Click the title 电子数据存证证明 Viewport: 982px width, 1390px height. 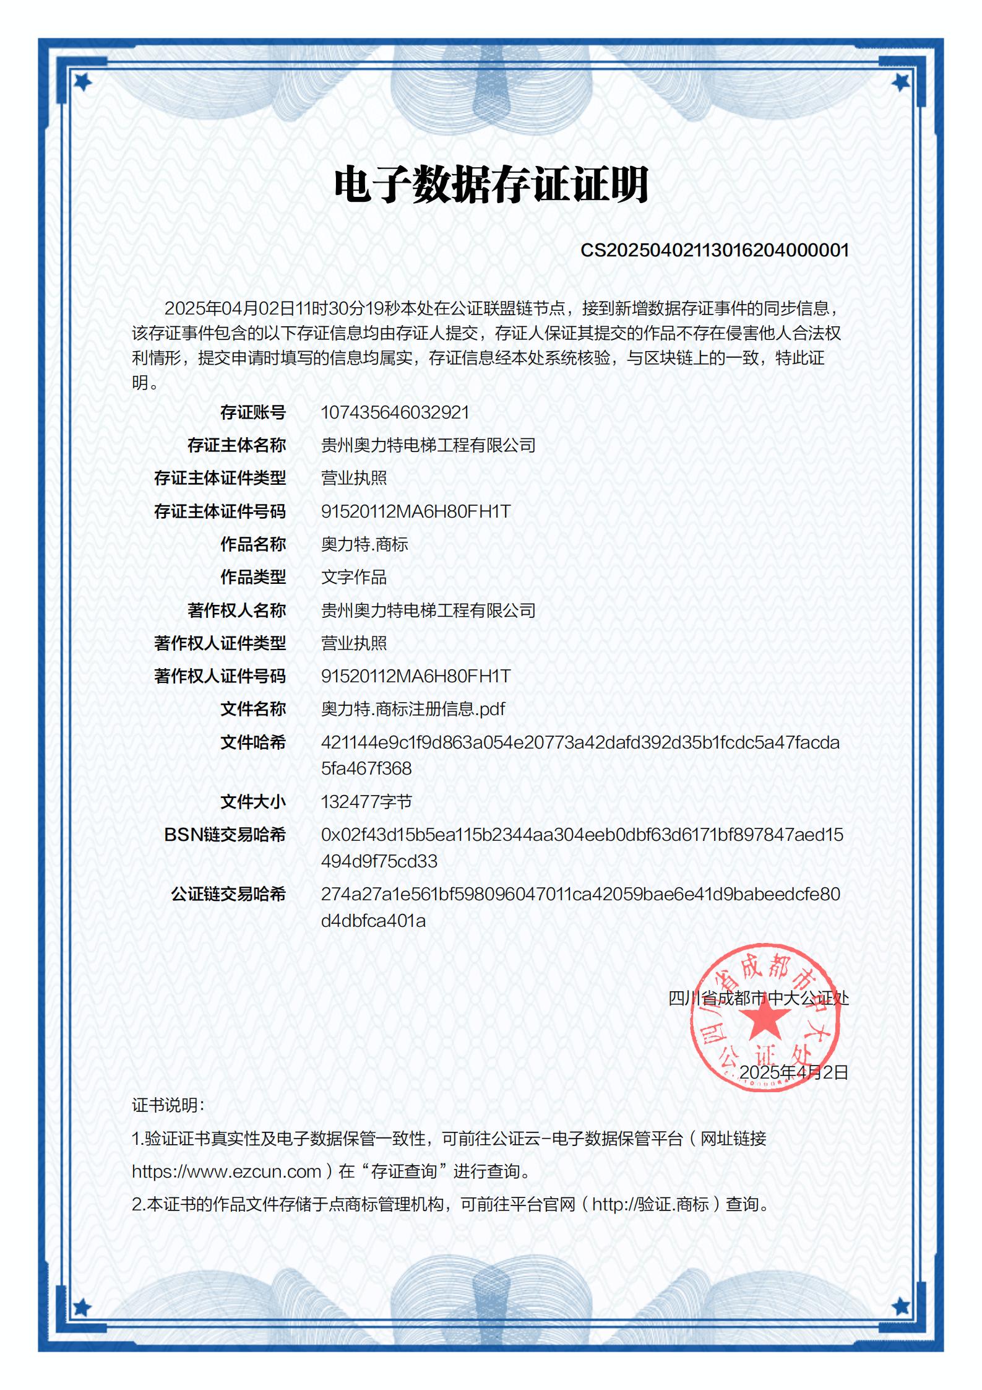pyautogui.click(x=491, y=185)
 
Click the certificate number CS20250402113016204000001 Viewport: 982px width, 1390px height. pyautogui.click(x=714, y=250)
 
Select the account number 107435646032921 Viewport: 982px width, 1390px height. pyautogui.click(x=395, y=412)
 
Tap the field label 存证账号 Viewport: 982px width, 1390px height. pyautogui.click(x=253, y=412)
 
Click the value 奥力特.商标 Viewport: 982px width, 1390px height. pyautogui.click(x=364, y=544)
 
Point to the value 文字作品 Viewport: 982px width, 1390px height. pyautogui.click(x=354, y=577)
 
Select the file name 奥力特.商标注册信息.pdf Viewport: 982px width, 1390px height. pyautogui.click(x=413, y=709)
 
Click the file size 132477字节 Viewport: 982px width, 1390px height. pyautogui.click(x=366, y=802)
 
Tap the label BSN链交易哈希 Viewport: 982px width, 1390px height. pyautogui.click(x=225, y=835)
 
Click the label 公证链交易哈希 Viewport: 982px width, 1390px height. pyautogui.click(x=228, y=894)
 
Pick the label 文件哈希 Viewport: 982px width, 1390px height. pyautogui.click(x=253, y=742)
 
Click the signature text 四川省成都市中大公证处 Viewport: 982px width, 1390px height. pyautogui.click(x=759, y=997)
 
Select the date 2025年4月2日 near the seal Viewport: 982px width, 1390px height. pyautogui.click(x=793, y=1072)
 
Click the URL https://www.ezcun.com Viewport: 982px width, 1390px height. pyautogui.click(x=226, y=1171)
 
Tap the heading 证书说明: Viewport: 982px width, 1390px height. pyautogui.click(x=168, y=1105)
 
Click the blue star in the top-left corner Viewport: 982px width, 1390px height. pyautogui.click(x=82, y=81)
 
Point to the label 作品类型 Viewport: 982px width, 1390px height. pyautogui.click(x=253, y=577)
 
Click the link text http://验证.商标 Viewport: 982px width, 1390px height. pyautogui.click(x=650, y=1204)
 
